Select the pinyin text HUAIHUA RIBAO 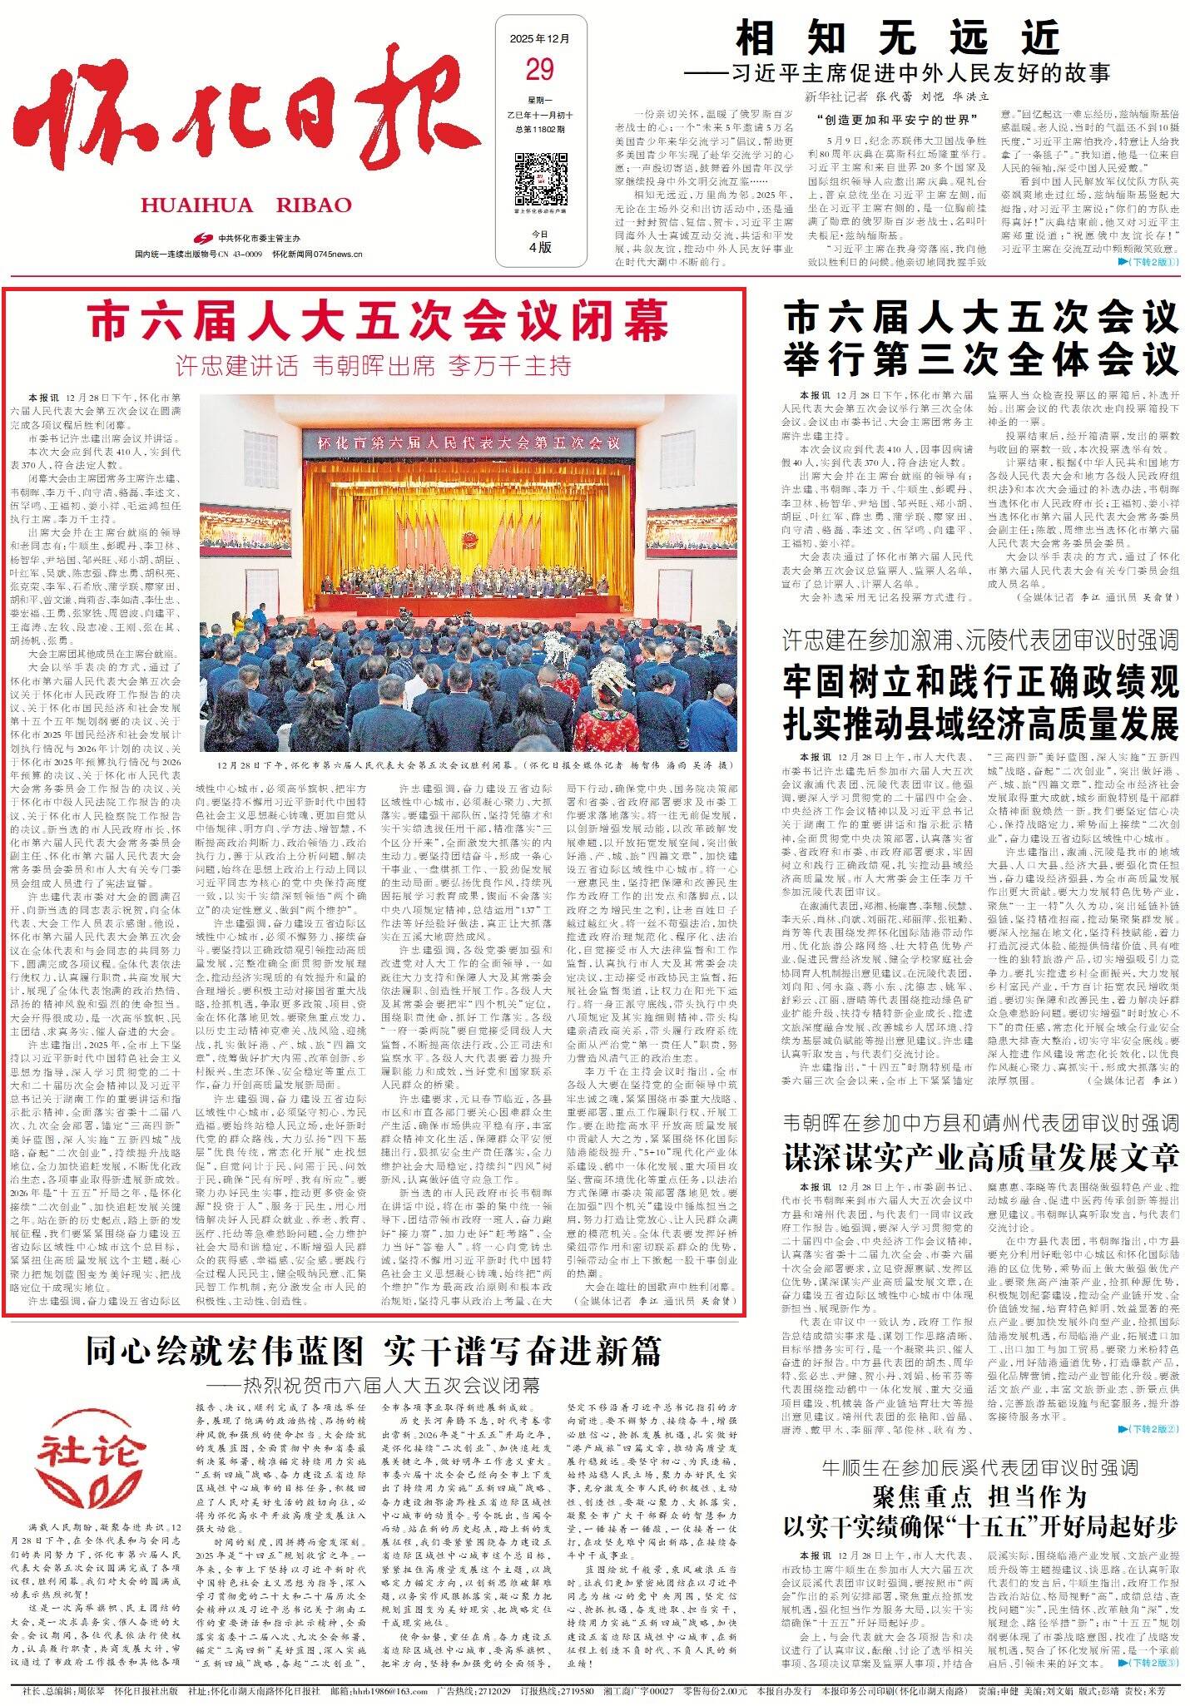click(x=246, y=205)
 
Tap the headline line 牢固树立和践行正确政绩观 click(x=980, y=683)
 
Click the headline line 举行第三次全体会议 click(x=980, y=359)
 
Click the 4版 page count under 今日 click(x=539, y=246)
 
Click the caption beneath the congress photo click(x=469, y=763)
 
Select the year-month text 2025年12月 click(x=539, y=39)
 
